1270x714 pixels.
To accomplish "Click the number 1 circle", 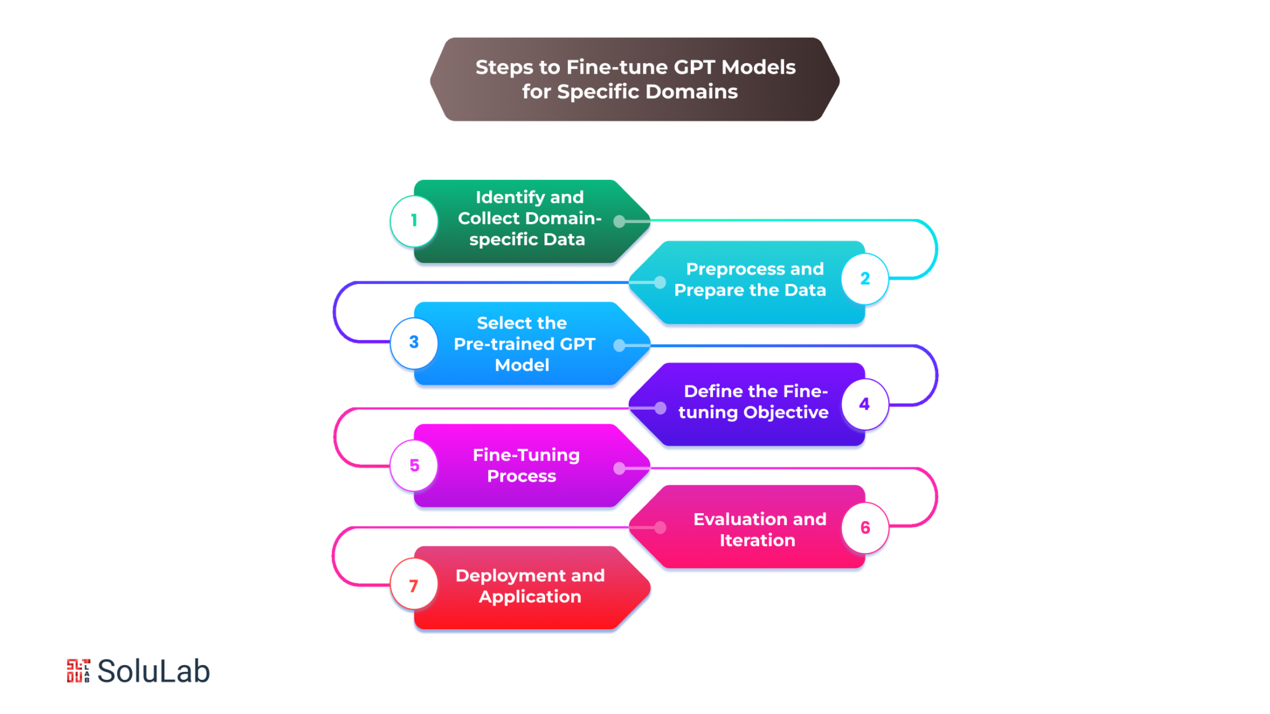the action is [x=414, y=221].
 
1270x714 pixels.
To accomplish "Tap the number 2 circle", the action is [x=865, y=279].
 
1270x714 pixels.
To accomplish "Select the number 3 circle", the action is [x=414, y=343].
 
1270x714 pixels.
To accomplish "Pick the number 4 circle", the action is [x=865, y=404].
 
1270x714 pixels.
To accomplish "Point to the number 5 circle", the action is [x=414, y=465].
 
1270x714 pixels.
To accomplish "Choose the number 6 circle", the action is [x=865, y=527].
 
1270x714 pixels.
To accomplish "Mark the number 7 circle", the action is [x=414, y=586].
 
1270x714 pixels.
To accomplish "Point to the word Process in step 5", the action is [x=522, y=476].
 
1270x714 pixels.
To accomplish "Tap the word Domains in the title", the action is [x=691, y=92].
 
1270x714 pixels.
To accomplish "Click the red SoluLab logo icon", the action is [x=78, y=671].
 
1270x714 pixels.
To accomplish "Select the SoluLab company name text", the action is [x=154, y=671].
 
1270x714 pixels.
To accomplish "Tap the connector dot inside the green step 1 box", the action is [x=619, y=221].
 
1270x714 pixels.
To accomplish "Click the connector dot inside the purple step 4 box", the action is [x=660, y=408].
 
